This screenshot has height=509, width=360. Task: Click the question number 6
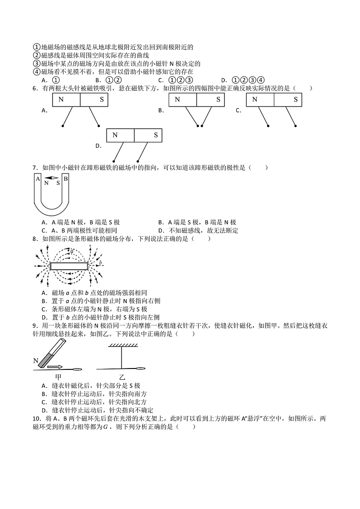coord(35,88)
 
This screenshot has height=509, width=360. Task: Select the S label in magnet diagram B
coord(218,99)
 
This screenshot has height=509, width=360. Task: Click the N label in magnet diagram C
coord(255,99)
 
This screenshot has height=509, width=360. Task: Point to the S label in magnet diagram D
coord(156,135)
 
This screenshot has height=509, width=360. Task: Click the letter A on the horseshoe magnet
coord(37,179)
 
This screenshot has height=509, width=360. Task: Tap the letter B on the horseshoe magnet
coord(65,179)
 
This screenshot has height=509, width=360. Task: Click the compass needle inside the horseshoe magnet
coord(52,178)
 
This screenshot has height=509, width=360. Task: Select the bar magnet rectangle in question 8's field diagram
coord(69,266)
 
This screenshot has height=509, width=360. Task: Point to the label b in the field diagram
coord(100,262)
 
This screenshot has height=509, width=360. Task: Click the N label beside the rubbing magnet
coord(36,361)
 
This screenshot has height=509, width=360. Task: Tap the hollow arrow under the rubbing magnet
coord(54,366)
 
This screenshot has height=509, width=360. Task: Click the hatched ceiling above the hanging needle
coord(123,346)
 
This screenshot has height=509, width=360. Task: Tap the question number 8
coord(35,238)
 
